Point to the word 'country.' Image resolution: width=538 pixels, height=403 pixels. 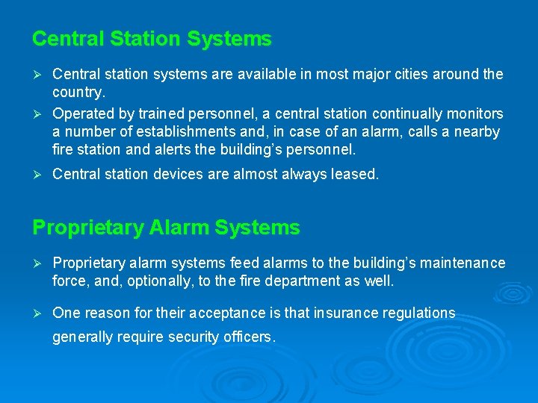coord(79,93)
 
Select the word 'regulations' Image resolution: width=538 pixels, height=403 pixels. coord(418,313)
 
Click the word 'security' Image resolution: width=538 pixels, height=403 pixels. coord(196,337)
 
